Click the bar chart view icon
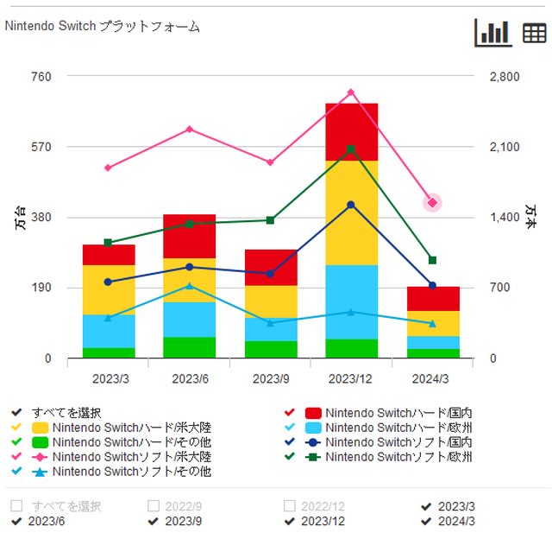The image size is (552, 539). coord(492,32)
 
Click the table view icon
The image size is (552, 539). coord(534,33)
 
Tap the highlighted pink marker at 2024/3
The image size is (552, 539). coord(432,202)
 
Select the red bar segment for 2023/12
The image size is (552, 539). coord(351,131)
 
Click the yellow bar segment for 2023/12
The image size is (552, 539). coord(351,212)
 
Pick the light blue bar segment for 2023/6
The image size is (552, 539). coord(189,320)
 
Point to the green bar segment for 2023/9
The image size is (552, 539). coord(270,349)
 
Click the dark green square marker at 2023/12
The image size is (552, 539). coord(351,149)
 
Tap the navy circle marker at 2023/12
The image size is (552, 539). coord(351,205)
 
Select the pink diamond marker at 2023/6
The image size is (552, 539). coord(189,130)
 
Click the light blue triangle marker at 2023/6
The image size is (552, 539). coord(189,286)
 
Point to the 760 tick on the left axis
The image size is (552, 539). coord(41,76)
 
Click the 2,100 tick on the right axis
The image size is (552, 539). coord(505,147)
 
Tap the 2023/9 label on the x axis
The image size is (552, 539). coord(270,378)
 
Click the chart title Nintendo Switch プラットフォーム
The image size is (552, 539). coord(103,27)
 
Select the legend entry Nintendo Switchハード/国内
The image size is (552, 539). coord(398,413)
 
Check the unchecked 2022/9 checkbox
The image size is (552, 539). coord(154,506)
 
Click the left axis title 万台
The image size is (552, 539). coord(20,217)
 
